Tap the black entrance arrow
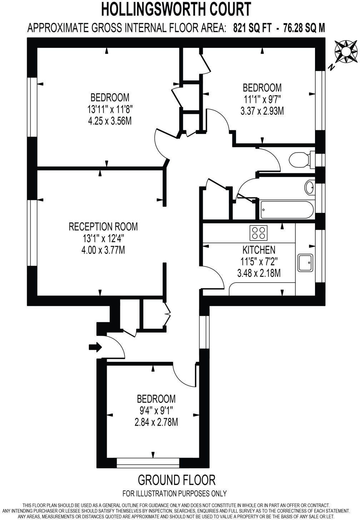tap(95, 347)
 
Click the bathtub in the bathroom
tap(287, 210)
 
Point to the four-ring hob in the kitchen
tap(258, 233)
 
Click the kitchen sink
tap(305, 262)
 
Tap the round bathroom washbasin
tap(310, 187)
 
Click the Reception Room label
tap(103, 226)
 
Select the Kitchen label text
tap(259, 250)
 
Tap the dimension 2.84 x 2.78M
tap(156, 422)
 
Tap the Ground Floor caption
tap(176, 480)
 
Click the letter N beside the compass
tap(331, 67)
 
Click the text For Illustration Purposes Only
tap(174, 494)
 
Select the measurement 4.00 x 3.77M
tap(103, 250)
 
